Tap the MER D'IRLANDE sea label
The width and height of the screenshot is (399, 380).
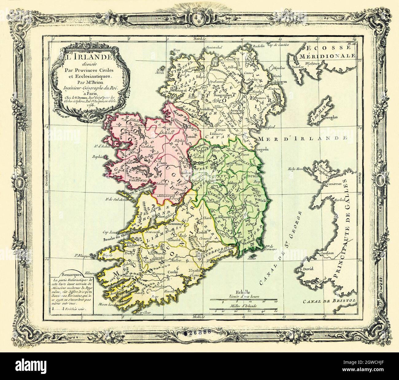point(302,138)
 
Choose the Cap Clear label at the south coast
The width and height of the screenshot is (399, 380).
point(143,313)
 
